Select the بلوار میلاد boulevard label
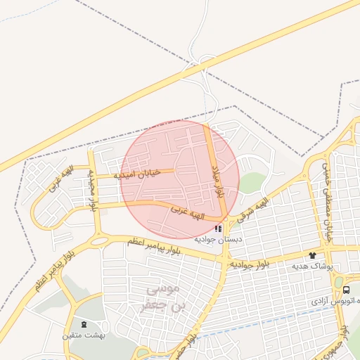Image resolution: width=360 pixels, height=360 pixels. (218, 182)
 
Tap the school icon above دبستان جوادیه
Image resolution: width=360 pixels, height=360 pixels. (219, 229)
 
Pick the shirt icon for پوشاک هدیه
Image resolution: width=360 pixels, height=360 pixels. (311, 255)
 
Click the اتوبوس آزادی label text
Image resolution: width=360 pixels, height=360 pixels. (337, 301)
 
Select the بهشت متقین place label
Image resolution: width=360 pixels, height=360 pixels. (83, 336)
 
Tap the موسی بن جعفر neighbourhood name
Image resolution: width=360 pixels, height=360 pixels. (161, 297)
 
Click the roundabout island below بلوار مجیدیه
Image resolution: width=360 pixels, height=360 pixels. (99, 241)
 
